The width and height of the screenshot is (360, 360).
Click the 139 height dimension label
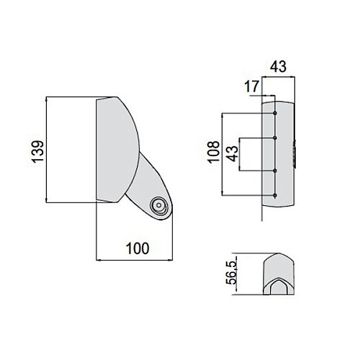(x=38, y=152)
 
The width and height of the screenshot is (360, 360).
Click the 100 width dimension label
(x=138, y=248)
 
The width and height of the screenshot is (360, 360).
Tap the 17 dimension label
(x=252, y=86)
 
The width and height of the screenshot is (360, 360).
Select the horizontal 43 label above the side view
(x=278, y=66)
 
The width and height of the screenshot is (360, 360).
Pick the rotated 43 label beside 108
(x=233, y=153)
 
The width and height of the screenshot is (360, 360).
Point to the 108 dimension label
(x=214, y=152)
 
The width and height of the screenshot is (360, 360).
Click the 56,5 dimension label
(x=231, y=272)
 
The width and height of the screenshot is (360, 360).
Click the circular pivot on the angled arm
(x=158, y=205)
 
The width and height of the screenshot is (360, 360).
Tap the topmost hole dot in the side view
(x=275, y=113)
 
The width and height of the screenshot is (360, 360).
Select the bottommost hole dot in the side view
(x=275, y=196)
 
